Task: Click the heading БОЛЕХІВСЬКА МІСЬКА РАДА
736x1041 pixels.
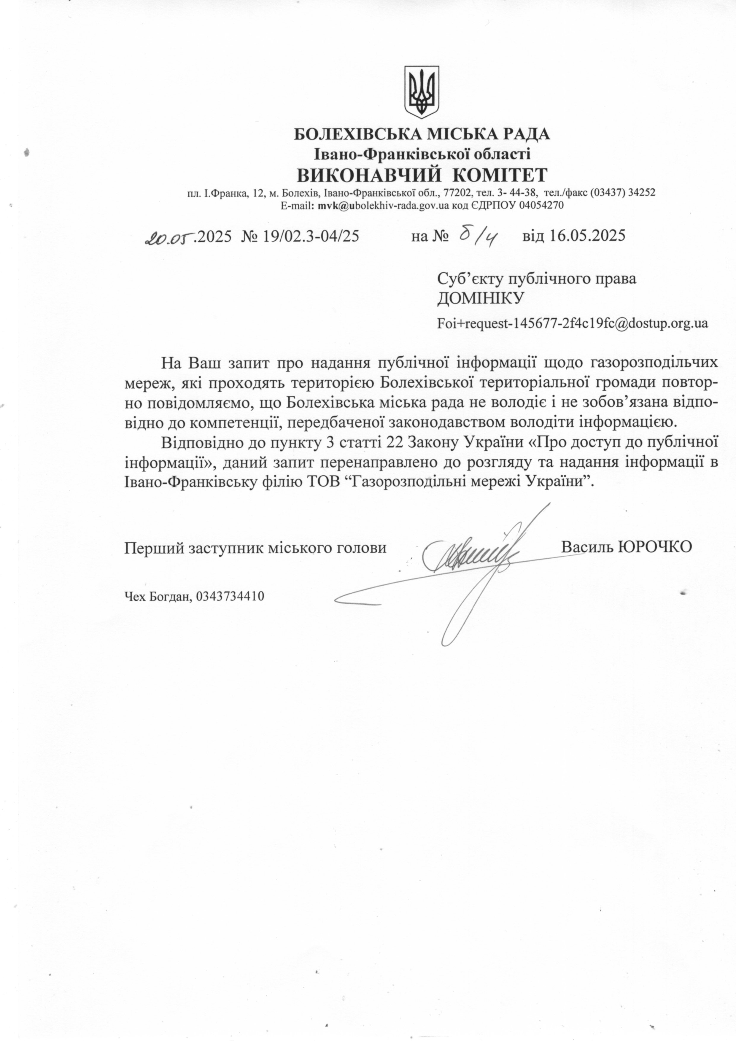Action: tap(422, 134)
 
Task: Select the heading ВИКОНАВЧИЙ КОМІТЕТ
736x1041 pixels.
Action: tap(422, 174)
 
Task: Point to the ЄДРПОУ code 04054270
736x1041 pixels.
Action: tap(541, 205)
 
